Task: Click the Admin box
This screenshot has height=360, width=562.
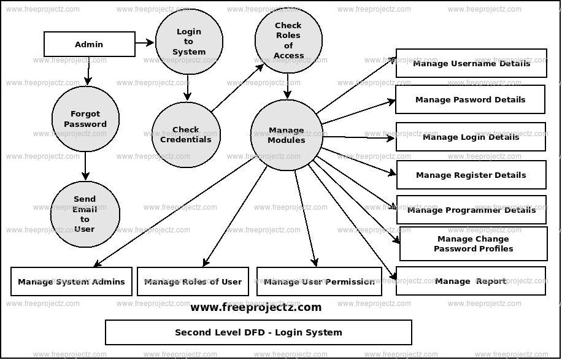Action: coord(90,44)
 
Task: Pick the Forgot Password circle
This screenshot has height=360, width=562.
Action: coord(85,119)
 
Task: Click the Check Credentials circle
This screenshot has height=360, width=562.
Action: coord(186,134)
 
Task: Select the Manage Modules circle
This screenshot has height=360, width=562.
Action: coord(287,135)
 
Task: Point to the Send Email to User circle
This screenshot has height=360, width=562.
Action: coord(85,214)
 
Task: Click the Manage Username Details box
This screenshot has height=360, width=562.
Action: coord(471,63)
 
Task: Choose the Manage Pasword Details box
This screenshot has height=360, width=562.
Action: coord(470,99)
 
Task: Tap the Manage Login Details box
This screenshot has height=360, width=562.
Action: coord(471,137)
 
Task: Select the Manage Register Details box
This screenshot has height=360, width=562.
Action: coord(471,175)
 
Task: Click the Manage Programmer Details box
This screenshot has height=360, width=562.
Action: coord(471,210)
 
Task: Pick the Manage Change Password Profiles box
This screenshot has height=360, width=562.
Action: coord(473,243)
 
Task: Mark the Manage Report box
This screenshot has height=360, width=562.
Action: coord(471,281)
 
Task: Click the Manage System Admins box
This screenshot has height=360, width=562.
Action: coord(71,281)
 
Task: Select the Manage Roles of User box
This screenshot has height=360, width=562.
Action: coord(193,281)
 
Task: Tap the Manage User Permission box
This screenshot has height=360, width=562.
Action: coord(319,281)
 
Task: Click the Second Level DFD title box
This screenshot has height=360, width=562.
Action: coord(258,332)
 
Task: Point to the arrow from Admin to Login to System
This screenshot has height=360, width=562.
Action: coord(145,43)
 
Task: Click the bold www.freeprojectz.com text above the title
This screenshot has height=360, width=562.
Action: coord(256,307)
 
